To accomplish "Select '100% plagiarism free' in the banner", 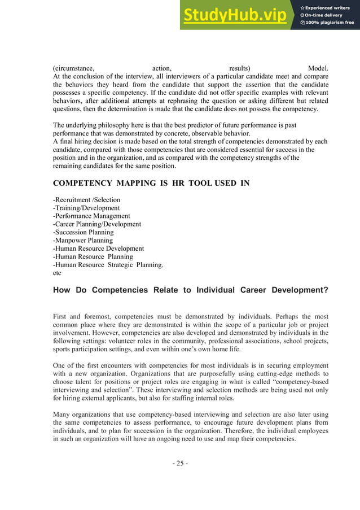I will point(330,23).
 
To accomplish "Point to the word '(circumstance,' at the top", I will point(73,69).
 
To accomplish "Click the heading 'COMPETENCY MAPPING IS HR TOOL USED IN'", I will point(151,183).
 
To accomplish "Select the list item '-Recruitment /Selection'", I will point(86,200).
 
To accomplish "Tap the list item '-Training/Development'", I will point(86,208).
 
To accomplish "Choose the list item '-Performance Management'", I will point(91,216).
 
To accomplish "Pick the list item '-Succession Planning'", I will point(83,232).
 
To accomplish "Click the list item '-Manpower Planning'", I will point(82,240).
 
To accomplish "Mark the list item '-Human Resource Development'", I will point(98,249).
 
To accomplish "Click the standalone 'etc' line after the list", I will point(56,272).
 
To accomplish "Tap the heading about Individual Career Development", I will point(190,290).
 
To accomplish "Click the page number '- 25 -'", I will point(180,464).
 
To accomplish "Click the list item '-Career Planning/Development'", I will point(96,224).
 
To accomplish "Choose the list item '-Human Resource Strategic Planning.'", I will point(108,264).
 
